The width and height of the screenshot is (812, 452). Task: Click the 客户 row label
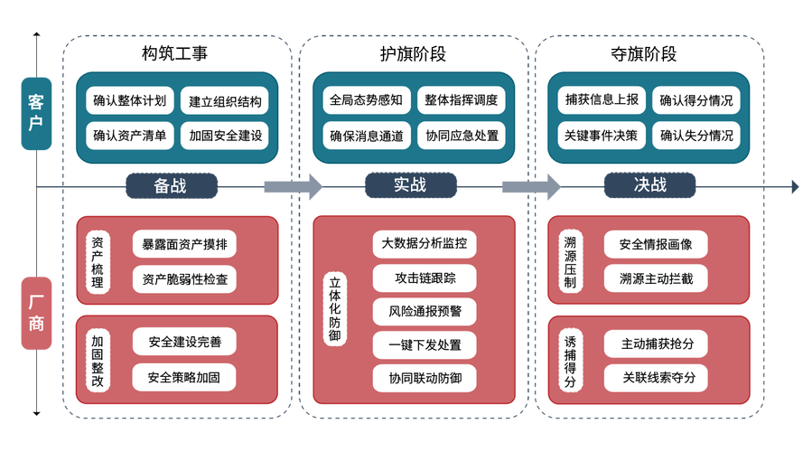pos(36,113)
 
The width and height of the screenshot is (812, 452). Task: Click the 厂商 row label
pos(36,312)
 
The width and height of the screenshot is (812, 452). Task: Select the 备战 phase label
pos(171,185)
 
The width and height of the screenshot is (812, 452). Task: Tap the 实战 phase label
pos(409,185)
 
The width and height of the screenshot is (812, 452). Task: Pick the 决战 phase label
pos(649,185)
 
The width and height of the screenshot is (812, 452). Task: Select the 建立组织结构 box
pos(225,101)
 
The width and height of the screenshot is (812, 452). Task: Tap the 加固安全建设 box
pos(225,137)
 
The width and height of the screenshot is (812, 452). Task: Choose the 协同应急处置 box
pos(462,136)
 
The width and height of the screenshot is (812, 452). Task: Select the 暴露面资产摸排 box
pos(185,244)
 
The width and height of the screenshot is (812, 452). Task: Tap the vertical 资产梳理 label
pos(98,263)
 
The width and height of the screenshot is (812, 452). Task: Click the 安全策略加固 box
pos(184,377)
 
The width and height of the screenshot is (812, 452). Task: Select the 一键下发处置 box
pos(425,344)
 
